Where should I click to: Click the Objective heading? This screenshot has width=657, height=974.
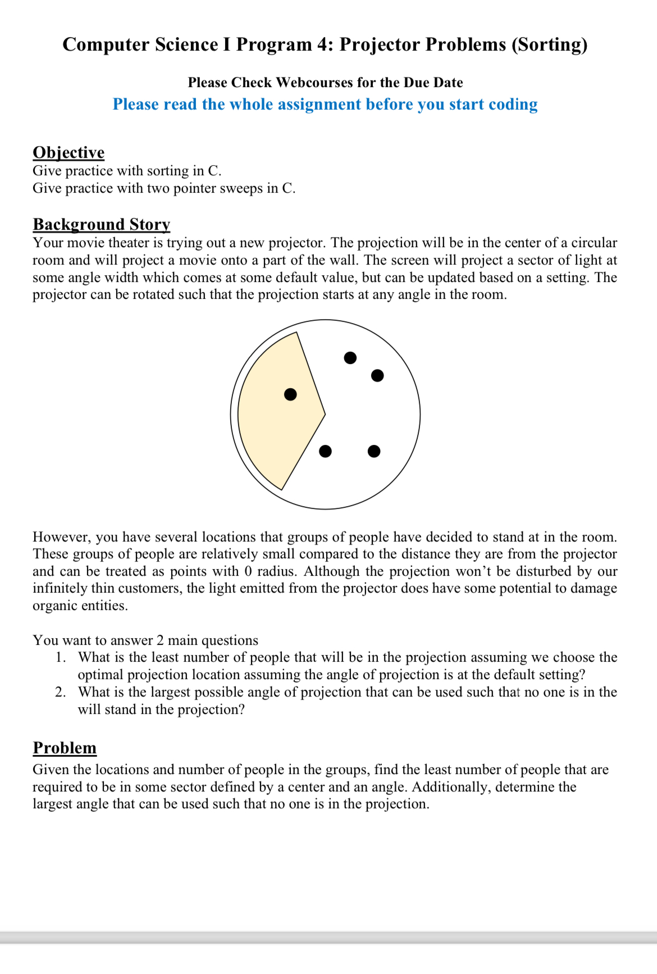[69, 153]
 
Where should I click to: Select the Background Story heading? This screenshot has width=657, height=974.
[101, 224]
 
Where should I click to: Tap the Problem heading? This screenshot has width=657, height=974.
[65, 748]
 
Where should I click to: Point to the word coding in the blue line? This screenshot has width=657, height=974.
[513, 104]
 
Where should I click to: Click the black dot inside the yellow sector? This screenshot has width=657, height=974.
[290, 394]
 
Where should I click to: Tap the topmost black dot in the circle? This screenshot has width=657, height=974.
[350, 358]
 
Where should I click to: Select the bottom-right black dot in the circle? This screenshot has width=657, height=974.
[374, 451]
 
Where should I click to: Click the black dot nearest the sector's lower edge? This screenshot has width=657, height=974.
[325, 451]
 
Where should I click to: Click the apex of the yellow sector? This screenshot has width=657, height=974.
[325, 415]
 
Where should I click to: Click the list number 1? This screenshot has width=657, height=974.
[61, 658]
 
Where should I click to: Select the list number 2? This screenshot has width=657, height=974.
[61, 693]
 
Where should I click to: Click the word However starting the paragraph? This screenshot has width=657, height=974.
[61, 537]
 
